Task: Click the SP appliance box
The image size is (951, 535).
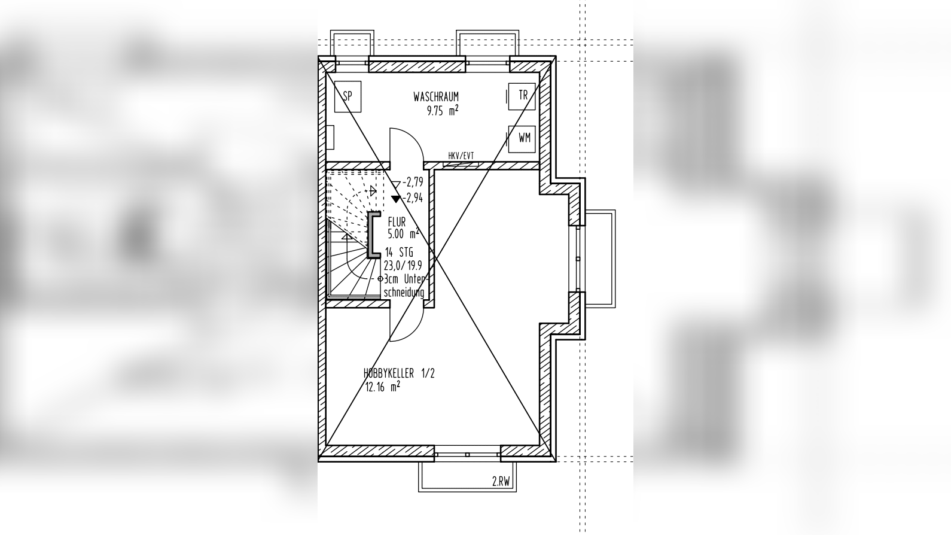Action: tap(348, 96)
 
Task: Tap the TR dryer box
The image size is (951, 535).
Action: tap(522, 96)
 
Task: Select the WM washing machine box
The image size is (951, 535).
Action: tap(522, 138)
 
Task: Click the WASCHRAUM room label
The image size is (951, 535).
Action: tap(436, 97)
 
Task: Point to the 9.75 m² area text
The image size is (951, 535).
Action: tap(443, 111)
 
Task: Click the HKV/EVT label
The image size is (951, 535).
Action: tap(461, 156)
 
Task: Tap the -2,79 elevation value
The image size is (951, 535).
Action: tap(413, 183)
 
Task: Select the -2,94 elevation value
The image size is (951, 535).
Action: tap(413, 198)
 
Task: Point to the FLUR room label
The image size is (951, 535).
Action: tap(397, 222)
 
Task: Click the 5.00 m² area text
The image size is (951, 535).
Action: tap(403, 233)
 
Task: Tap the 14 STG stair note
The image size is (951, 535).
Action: tap(399, 253)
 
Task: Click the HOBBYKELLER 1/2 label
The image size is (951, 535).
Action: tap(399, 373)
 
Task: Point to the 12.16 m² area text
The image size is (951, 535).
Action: tap(383, 387)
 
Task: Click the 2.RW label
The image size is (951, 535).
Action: tap(501, 482)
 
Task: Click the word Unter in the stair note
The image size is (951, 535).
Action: tap(414, 279)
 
